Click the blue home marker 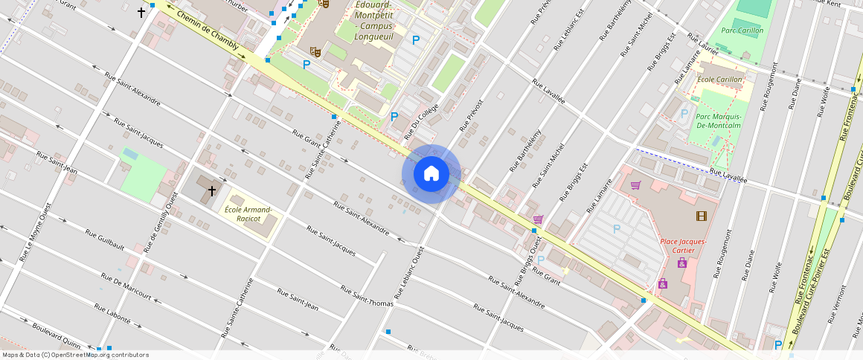tap(431, 174)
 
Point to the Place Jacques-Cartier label tap(683, 246)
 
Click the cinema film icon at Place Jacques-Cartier tap(701, 216)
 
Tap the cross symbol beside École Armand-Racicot tap(211, 191)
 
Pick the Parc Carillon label tap(742, 31)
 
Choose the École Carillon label tap(719, 80)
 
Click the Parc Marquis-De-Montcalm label tap(718, 120)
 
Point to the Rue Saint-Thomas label tap(368, 295)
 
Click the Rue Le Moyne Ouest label tap(36, 233)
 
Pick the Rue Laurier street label tap(703, 42)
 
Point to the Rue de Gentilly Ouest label tap(161, 222)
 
